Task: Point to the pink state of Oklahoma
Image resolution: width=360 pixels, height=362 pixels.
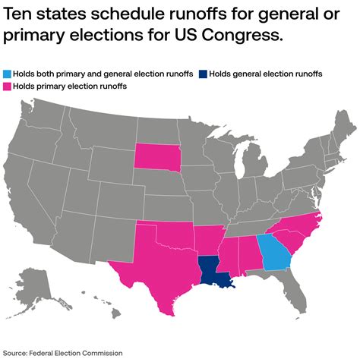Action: [x=169, y=235]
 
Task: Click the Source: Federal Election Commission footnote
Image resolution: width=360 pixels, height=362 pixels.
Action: [x=62, y=352]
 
